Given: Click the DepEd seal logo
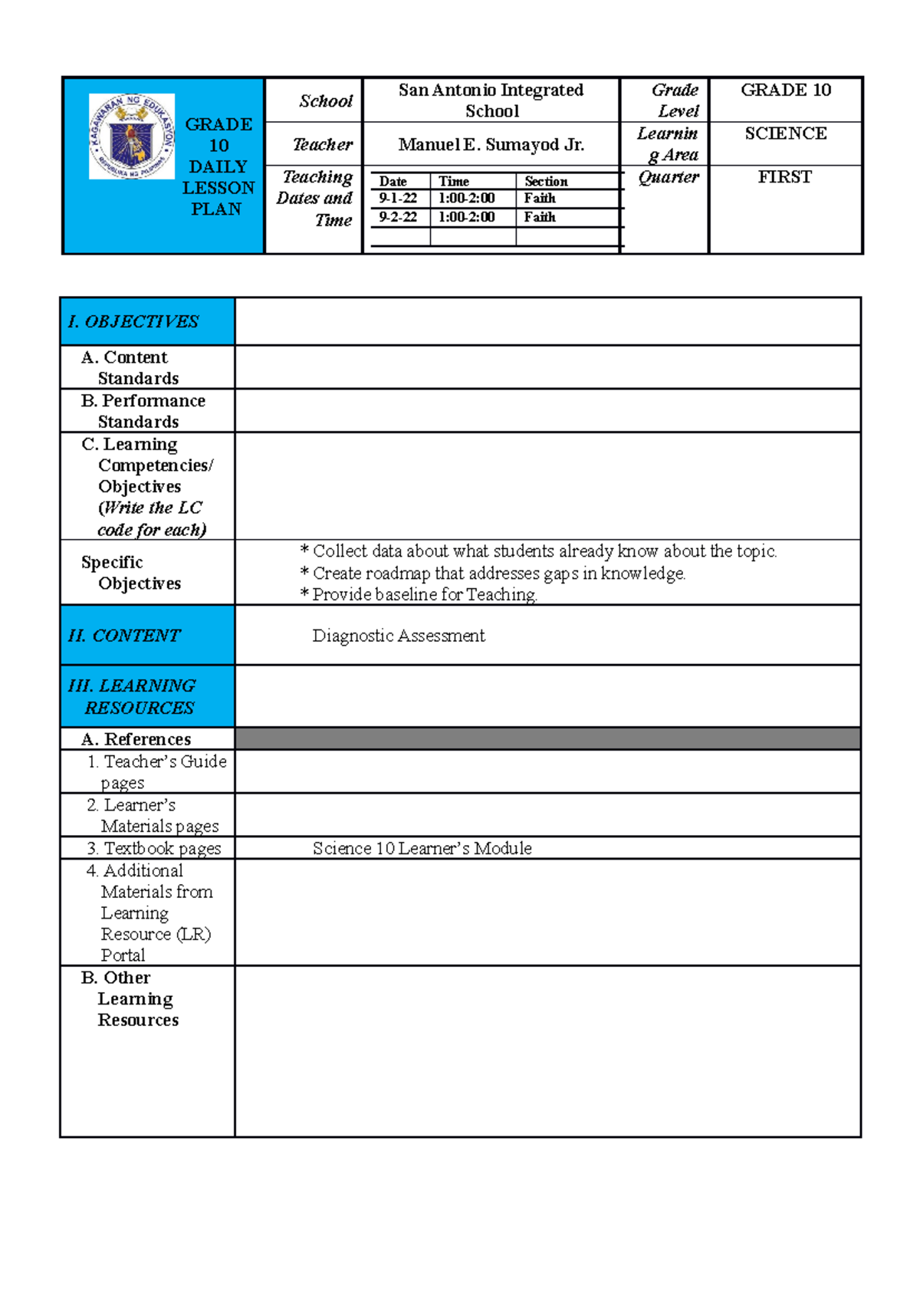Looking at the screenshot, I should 132,136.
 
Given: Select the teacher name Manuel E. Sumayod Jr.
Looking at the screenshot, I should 491,144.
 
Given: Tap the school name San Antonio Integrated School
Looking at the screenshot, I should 491,100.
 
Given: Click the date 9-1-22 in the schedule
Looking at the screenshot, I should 398,198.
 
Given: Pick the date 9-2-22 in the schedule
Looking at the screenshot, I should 398,217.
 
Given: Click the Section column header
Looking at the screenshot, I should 546,182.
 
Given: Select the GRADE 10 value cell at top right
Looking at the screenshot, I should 785,90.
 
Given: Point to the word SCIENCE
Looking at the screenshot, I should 785,133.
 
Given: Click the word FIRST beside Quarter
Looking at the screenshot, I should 784,177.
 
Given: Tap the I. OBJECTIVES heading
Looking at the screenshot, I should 133,321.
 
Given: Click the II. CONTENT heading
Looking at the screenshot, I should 124,636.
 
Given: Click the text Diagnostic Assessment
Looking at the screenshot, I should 399,636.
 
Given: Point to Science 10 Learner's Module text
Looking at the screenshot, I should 422,848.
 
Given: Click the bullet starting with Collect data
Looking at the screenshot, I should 538,551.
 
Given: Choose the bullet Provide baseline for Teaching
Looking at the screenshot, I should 419,594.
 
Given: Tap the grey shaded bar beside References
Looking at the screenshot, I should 547,738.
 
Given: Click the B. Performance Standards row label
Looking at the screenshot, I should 143,411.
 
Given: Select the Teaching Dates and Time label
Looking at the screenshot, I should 316,199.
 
